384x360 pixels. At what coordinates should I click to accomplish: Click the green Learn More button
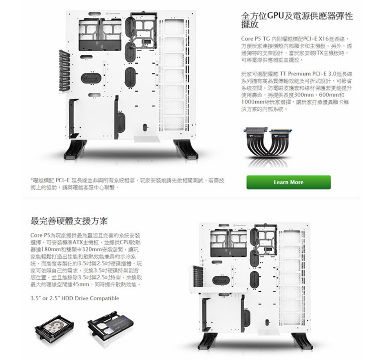(288, 182)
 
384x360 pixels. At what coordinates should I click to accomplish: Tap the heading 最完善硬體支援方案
(69, 220)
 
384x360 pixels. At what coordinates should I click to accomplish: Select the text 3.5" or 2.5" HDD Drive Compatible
(75, 298)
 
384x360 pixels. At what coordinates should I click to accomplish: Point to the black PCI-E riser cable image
(267, 146)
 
